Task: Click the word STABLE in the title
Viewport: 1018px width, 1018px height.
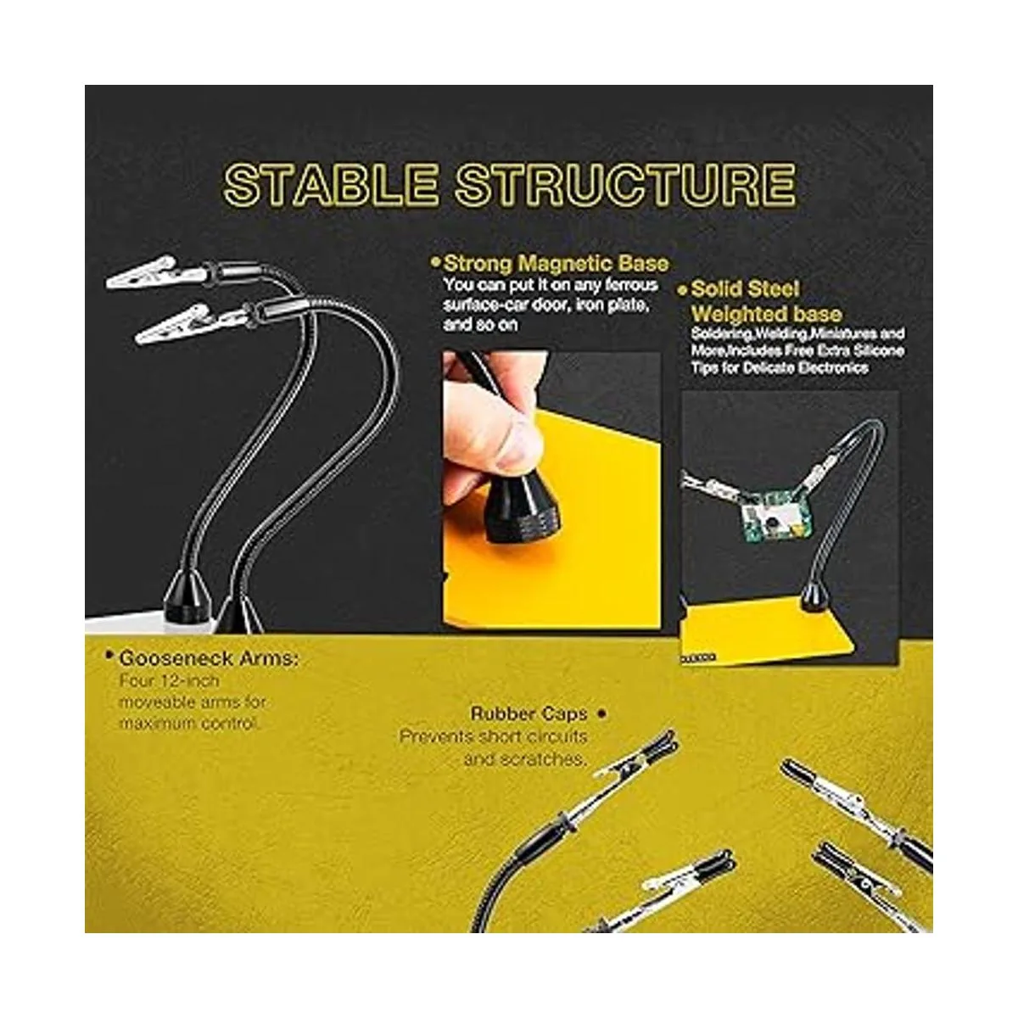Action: click(x=331, y=184)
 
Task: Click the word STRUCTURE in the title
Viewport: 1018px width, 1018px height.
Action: click(x=626, y=184)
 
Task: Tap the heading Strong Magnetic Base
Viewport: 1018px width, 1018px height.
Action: click(x=556, y=263)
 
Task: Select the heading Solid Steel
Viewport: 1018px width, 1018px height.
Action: click(x=745, y=289)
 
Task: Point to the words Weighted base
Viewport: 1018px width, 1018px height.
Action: click(x=766, y=315)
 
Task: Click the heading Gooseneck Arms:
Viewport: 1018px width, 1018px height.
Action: click(x=209, y=659)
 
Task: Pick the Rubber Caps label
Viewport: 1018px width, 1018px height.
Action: click(x=529, y=714)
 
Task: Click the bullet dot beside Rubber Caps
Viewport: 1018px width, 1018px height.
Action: click(x=601, y=713)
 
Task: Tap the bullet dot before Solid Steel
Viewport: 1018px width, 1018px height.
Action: click(x=683, y=290)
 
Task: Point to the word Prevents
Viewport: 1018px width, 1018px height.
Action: click(x=435, y=736)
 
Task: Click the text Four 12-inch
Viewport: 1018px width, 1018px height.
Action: click(x=169, y=681)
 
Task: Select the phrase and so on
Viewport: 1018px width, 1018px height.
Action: click(x=481, y=324)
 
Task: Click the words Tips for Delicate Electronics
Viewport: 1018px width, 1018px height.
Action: click(x=780, y=367)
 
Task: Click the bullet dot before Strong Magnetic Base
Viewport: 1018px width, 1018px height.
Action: click(x=436, y=261)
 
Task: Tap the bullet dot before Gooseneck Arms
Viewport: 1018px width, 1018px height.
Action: click(x=110, y=656)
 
